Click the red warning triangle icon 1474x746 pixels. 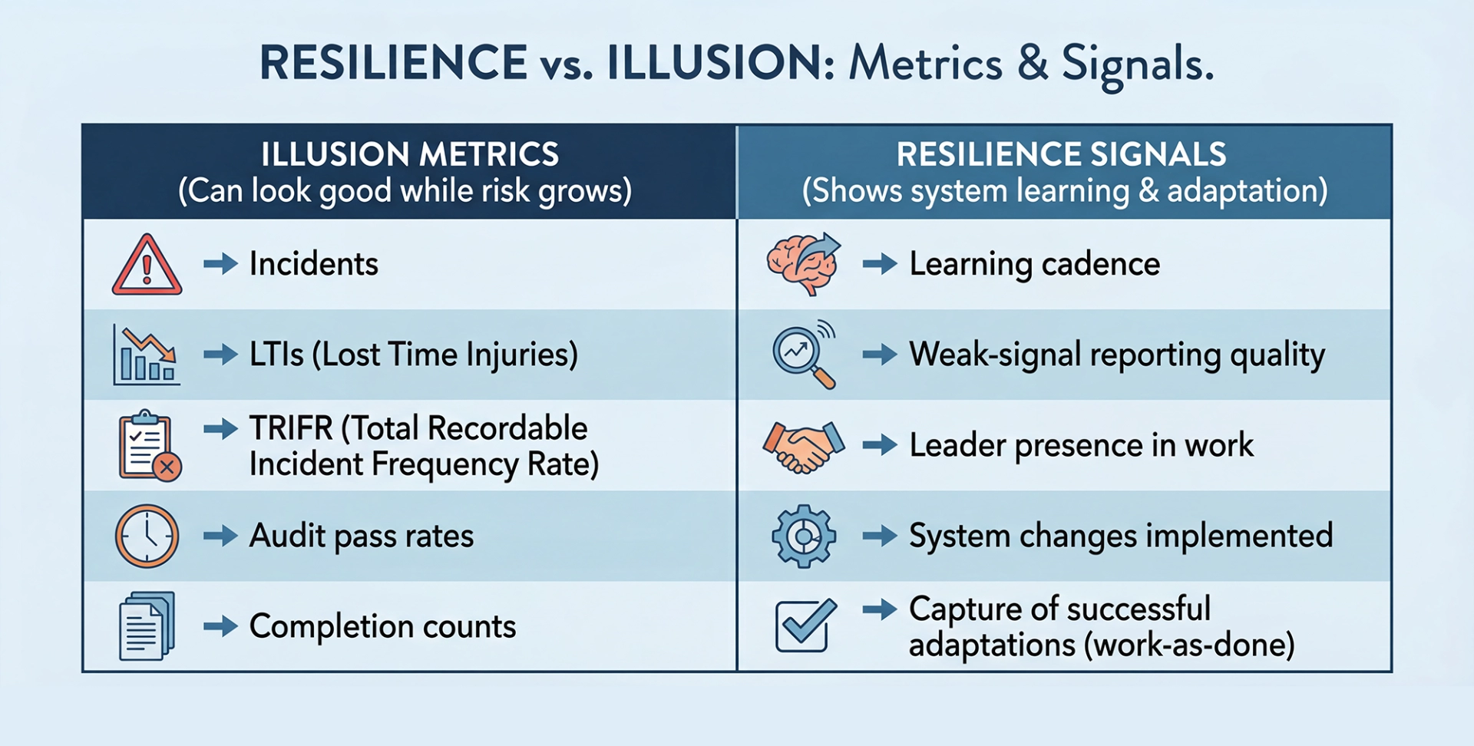point(147,266)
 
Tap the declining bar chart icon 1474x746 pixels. point(146,355)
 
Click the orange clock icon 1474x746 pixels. point(147,536)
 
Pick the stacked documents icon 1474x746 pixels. point(147,626)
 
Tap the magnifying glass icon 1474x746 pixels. point(803,355)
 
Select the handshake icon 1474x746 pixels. point(803,446)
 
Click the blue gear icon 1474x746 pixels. point(803,536)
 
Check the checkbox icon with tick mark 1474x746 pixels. point(804,626)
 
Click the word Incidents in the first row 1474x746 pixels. point(313,264)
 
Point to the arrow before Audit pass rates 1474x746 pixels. point(220,536)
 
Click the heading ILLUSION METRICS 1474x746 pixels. point(409,155)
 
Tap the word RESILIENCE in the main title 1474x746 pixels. point(393,63)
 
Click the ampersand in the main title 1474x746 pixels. point(1033,63)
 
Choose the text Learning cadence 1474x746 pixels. point(1034,264)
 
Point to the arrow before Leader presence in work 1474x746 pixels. point(879,445)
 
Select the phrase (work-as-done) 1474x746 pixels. point(1188,645)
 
